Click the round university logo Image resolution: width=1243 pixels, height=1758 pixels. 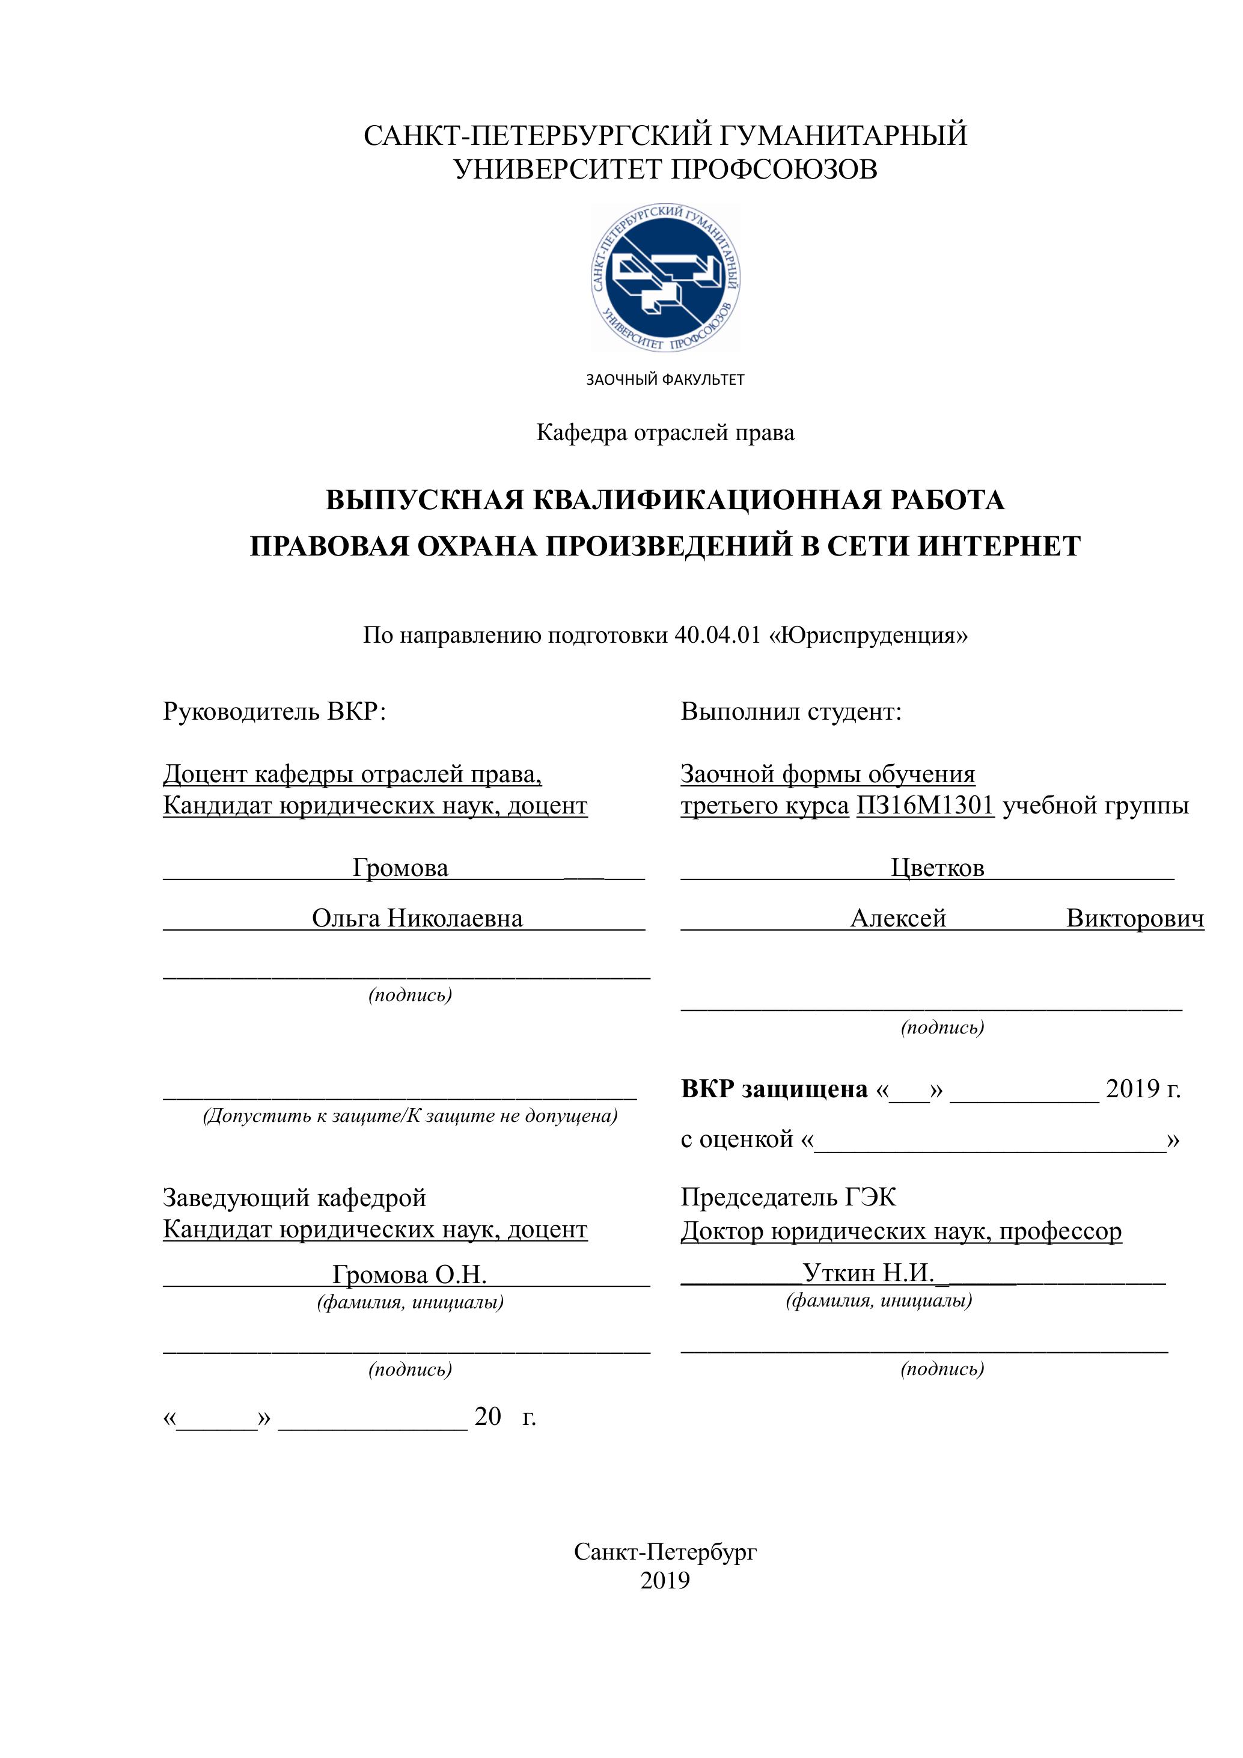click(665, 279)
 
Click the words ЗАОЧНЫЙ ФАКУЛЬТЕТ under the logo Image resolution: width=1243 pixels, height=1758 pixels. click(665, 380)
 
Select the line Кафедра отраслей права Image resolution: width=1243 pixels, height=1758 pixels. click(665, 433)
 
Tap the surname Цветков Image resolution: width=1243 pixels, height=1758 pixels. click(938, 868)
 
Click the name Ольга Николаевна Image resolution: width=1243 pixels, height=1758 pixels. click(417, 918)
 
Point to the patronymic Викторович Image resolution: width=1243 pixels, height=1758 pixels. click(1135, 918)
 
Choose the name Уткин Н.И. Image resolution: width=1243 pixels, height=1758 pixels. click(868, 1273)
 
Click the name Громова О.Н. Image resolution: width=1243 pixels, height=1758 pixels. click(409, 1274)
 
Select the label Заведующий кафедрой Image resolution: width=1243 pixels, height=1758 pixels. click(295, 1198)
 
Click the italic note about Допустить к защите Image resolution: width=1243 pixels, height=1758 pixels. click(409, 1116)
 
